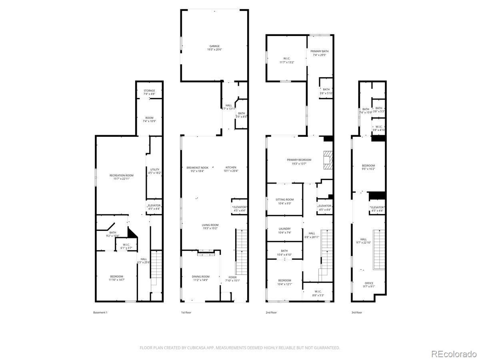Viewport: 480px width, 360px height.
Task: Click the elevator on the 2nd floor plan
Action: [324, 208]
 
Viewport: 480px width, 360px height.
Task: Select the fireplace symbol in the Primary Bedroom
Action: [328, 160]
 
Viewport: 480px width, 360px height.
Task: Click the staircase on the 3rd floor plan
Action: [378, 250]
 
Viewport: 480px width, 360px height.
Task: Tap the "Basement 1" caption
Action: [100, 312]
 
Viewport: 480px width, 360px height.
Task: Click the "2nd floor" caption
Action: [271, 312]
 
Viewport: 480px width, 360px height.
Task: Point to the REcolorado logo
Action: [453, 354]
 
